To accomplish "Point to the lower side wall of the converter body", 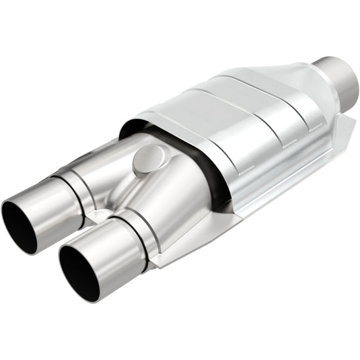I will (269, 175).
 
